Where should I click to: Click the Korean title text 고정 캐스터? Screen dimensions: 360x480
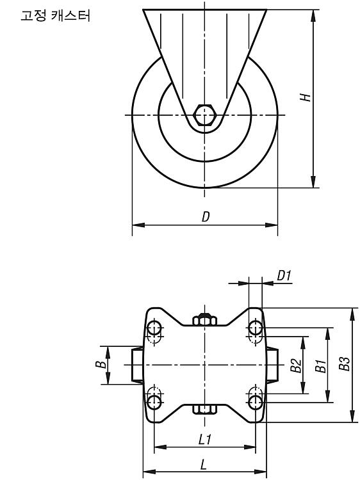(x=56, y=15)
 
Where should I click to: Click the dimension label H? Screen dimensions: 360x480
(x=306, y=97)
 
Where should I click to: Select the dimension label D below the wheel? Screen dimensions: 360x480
(x=206, y=217)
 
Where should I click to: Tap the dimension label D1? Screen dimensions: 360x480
(x=284, y=275)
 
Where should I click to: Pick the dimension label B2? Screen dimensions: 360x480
(x=296, y=365)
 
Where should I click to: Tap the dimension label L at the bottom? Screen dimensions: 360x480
(x=203, y=465)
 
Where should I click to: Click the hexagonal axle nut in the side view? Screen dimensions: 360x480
(x=205, y=115)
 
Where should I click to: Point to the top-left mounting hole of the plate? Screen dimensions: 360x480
(x=154, y=328)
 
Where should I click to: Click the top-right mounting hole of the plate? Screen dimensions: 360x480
(x=255, y=328)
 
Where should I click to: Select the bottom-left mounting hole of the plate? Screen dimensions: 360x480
(x=154, y=402)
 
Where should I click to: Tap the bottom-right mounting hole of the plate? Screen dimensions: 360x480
(x=255, y=403)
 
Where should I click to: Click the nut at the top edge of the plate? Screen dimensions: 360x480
(x=205, y=319)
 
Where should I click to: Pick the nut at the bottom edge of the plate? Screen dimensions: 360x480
(x=205, y=410)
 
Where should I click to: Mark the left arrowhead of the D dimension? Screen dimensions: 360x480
(x=138, y=225)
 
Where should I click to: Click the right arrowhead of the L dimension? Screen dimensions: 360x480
(x=261, y=471)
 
